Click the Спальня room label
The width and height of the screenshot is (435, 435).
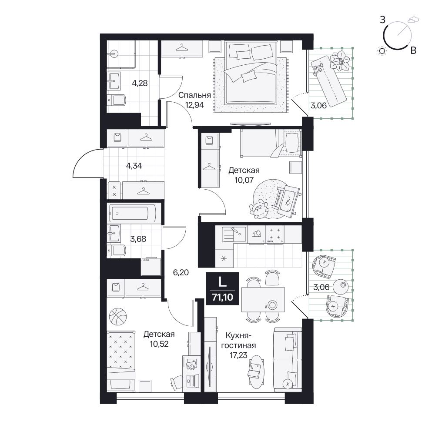coord(194,95)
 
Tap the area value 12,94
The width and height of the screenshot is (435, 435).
coord(194,105)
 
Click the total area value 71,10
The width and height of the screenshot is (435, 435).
coord(222,298)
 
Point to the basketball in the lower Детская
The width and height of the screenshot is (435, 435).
coord(118,316)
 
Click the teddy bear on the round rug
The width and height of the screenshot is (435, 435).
coord(259,208)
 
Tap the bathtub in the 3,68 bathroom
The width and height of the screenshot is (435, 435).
coord(133,213)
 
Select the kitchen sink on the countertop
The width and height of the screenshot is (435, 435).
coord(234,234)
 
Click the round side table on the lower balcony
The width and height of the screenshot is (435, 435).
coord(341,287)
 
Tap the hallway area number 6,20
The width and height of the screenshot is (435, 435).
coord(181,272)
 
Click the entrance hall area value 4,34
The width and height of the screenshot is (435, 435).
coord(134,166)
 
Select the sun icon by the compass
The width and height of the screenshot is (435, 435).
coord(382,51)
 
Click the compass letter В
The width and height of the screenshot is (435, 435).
coord(413,51)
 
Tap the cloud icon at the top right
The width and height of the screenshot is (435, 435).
coord(413,20)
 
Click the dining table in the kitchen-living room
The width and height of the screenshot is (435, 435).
coord(263,300)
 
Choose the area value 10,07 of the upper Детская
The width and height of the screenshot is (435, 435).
coord(244,180)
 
